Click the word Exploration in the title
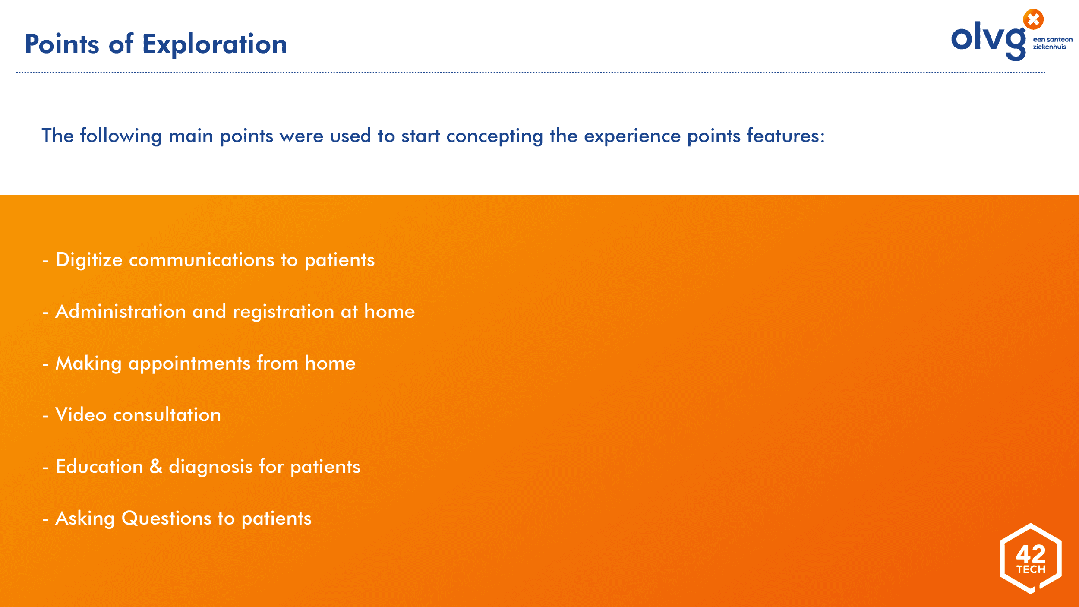click(x=215, y=44)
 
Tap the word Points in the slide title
click(x=62, y=44)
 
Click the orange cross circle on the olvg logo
click(x=1033, y=19)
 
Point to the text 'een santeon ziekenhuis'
click(x=1053, y=43)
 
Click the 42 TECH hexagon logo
click(x=1031, y=558)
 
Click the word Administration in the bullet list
click(x=121, y=311)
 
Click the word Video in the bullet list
click(x=81, y=415)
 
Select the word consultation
click(x=167, y=415)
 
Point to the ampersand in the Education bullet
click(x=156, y=467)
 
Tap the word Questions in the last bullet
click(x=167, y=518)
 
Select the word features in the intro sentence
click(x=786, y=136)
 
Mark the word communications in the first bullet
click(x=202, y=260)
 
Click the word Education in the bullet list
click(x=99, y=467)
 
